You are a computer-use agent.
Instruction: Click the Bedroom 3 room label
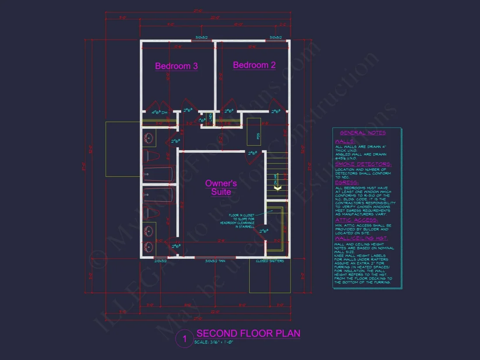(x=176, y=66)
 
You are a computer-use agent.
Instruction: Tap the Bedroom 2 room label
(x=254, y=65)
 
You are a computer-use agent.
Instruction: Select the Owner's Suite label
(x=221, y=188)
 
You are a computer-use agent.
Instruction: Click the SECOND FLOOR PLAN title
(x=248, y=334)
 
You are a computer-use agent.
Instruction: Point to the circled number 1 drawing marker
(x=185, y=339)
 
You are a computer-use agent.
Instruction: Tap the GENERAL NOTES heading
(x=363, y=133)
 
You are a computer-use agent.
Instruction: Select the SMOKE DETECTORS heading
(x=363, y=164)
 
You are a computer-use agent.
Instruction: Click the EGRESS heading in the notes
(x=347, y=182)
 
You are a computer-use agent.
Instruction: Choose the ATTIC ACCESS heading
(x=356, y=220)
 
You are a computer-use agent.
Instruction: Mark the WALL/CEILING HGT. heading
(x=361, y=239)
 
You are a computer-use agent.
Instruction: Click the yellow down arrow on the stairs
(x=276, y=187)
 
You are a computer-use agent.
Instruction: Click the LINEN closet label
(x=210, y=117)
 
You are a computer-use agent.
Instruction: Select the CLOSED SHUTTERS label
(x=270, y=261)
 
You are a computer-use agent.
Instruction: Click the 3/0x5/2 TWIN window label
(x=216, y=261)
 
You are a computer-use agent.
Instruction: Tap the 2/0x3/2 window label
(x=161, y=261)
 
